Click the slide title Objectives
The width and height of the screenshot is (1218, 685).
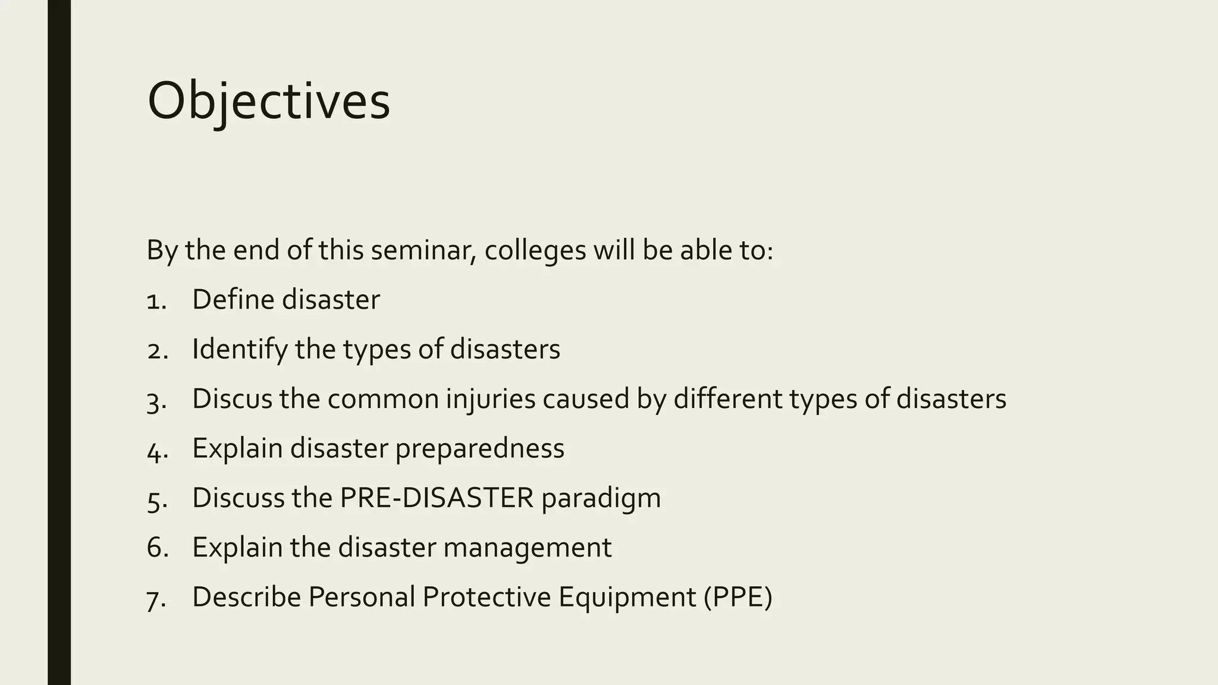[268, 101]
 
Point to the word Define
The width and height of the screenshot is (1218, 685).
[233, 299]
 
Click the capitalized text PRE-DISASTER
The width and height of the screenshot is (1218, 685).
[437, 498]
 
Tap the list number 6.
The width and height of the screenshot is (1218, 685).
[157, 548]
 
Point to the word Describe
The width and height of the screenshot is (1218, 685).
[246, 597]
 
